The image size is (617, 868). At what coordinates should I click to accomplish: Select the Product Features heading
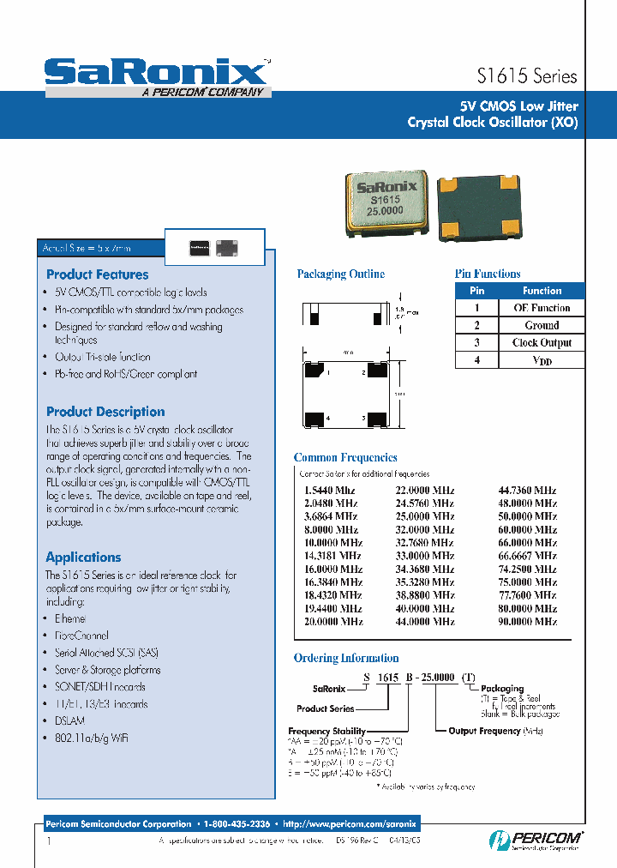[97, 274]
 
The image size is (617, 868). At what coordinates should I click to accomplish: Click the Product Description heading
[105, 412]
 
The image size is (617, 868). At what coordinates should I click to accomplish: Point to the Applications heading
[83, 557]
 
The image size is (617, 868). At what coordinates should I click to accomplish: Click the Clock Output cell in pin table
[542, 343]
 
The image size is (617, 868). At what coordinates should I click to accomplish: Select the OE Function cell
[542, 308]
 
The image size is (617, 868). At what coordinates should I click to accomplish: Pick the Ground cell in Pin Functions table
[542, 326]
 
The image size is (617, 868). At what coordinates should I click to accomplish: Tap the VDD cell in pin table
[542, 361]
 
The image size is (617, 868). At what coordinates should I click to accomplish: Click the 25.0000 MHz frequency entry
[424, 516]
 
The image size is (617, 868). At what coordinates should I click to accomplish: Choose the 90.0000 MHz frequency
[527, 621]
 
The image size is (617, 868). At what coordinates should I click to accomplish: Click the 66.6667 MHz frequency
[527, 556]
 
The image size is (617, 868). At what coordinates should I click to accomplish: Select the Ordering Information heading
[346, 658]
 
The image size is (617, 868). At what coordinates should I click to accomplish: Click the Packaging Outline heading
[341, 274]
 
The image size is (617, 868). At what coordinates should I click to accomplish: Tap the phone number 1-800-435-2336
[237, 823]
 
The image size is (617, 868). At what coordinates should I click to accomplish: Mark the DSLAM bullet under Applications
[69, 721]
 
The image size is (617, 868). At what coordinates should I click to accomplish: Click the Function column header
[542, 291]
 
